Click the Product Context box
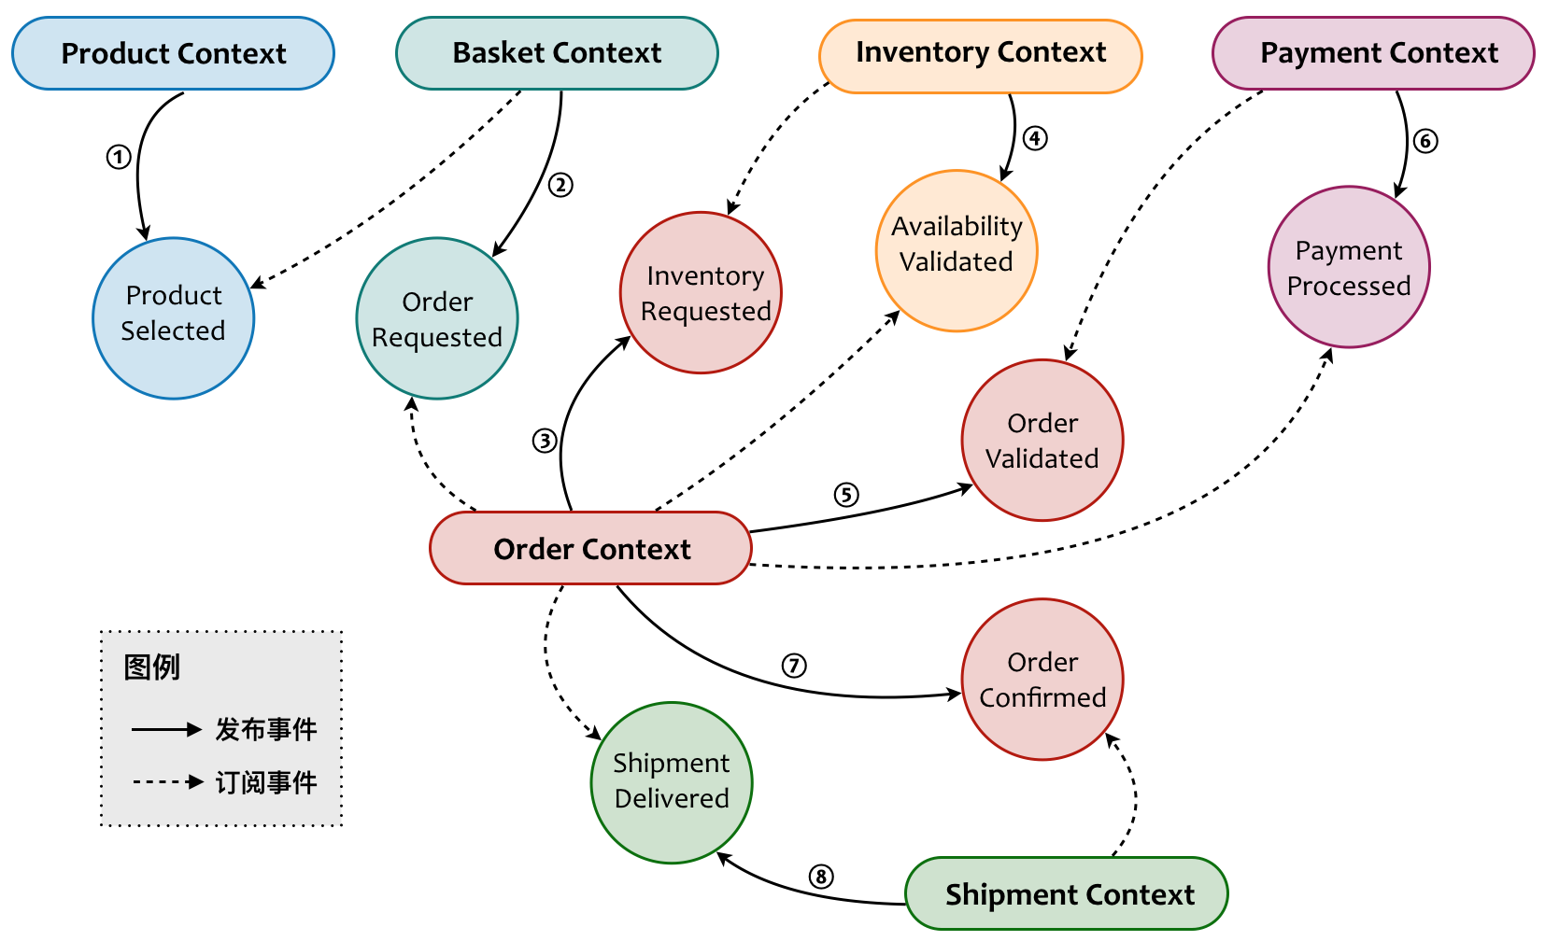click(x=173, y=53)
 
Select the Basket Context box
click(x=557, y=53)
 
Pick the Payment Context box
click(x=1373, y=53)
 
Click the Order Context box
click(x=590, y=548)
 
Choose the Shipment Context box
click(x=1067, y=893)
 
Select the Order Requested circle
click(x=437, y=318)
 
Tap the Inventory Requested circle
click(x=701, y=293)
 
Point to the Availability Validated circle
click(x=957, y=250)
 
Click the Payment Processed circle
click(x=1349, y=267)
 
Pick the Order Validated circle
click(x=1042, y=440)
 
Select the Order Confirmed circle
click(x=1042, y=680)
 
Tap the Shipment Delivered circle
click(x=672, y=782)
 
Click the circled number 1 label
click(x=118, y=157)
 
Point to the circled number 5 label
click(x=846, y=495)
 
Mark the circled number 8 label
click(x=820, y=877)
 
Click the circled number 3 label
click(x=545, y=441)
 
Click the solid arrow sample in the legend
click(x=166, y=729)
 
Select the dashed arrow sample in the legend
click(x=166, y=781)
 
